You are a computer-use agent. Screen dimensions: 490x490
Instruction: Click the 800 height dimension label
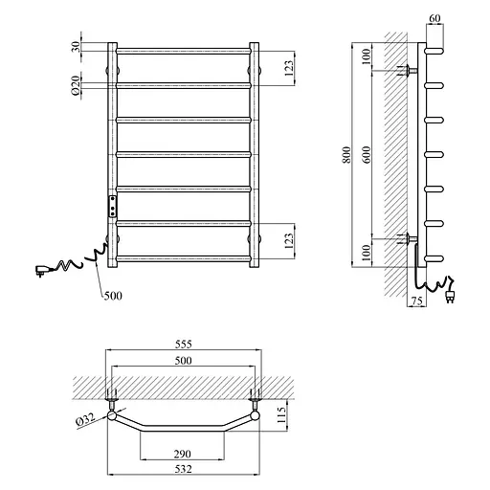346,155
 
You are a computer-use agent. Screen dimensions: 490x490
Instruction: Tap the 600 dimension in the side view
367,155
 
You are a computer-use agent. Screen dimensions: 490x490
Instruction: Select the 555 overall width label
184,345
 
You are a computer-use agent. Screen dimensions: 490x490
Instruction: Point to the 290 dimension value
183,454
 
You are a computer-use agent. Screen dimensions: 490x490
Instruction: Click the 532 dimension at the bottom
184,469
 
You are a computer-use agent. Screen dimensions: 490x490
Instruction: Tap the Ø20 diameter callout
76,85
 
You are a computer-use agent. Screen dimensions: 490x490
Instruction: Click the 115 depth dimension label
281,414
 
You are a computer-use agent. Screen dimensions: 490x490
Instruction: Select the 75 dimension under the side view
416,301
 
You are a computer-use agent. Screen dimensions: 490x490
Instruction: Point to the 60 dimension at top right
434,18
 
